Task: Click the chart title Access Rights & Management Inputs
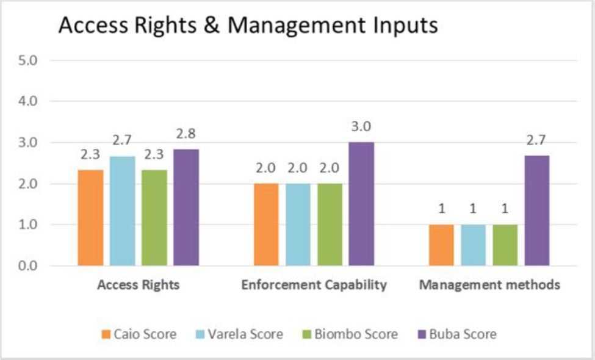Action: coord(248,25)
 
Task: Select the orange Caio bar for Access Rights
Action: coord(91,218)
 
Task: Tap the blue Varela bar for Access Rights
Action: coord(122,211)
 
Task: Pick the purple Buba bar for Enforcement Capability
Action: coord(361,204)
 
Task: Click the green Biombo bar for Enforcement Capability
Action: coord(330,225)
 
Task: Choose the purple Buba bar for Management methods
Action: coord(537,211)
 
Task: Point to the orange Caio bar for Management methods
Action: coord(441,245)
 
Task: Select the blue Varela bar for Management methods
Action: coord(473,245)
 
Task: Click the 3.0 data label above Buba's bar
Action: coord(361,126)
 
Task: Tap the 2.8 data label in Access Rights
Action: coord(186,134)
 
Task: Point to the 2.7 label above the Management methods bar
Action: coord(536,140)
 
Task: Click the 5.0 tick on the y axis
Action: coord(27,60)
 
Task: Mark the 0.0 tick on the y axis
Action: coord(27,265)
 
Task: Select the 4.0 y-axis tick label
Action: coord(27,101)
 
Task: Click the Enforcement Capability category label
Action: coord(314,285)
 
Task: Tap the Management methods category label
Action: coord(489,284)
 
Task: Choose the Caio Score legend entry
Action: coord(139,334)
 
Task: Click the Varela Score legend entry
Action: coord(239,334)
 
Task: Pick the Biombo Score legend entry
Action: coord(350,334)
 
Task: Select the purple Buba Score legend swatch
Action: coord(422,334)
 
